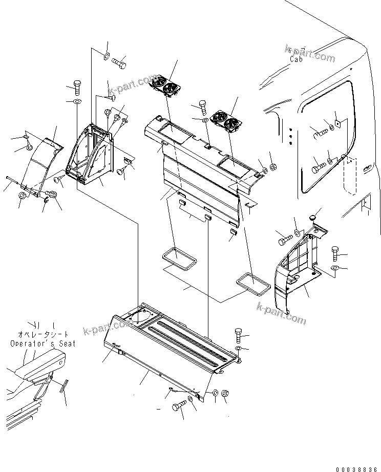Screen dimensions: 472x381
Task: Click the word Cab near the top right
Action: point(297,59)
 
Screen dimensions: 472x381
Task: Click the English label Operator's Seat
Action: point(43,344)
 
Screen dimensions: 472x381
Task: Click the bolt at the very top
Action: point(119,64)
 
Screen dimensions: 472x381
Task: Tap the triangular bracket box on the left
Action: point(91,155)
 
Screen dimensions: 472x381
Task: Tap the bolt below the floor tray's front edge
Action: point(178,406)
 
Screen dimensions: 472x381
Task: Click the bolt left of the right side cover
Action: point(285,237)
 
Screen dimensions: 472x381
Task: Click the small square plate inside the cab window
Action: point(337,123)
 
